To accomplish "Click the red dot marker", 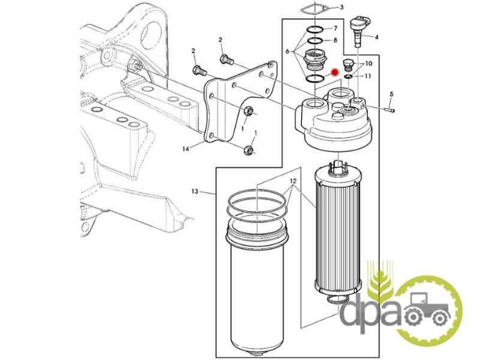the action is pos(335,72).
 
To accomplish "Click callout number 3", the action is pos(341,7).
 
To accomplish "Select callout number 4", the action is pos(377,37).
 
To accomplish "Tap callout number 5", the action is pos(392,94).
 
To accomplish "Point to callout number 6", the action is pos(287,52).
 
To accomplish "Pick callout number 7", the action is pos(335,28).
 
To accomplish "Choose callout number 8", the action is pos(335,40).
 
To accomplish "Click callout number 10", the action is pos(368,64).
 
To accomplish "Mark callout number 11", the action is pos(368,76).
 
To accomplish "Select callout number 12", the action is pos(293,181).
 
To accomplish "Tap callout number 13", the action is pos(194,191).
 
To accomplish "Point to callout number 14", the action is pos(186,149).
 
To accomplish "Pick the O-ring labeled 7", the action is pos(315,29).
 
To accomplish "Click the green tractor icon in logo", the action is pos(428,307).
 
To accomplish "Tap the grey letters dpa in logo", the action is pos(370,310).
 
